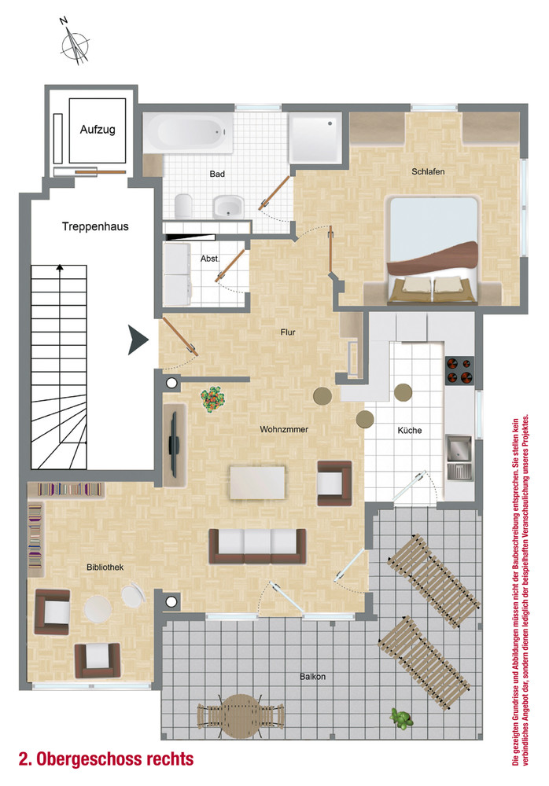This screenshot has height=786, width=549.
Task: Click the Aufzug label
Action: click(x=98, y=130)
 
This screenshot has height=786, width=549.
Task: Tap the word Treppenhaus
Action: click(x=95, y=226)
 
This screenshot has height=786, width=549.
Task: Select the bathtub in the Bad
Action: click(x=188, y=133)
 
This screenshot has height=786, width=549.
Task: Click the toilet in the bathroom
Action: click(x=184, y=206)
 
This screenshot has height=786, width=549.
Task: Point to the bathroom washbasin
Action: click(x=228, y=207)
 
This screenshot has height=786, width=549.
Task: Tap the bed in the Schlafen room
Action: click(x=433, y=251)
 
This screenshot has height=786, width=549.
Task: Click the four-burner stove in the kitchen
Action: click(x=459, y=370)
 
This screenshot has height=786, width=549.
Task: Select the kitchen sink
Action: click(x=459, y=457)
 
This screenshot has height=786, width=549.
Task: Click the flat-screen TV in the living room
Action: click(x=174, y=444)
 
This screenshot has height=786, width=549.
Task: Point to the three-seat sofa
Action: click(x=257, y=546)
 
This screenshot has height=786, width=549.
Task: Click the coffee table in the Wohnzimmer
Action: click(x=257, y=483)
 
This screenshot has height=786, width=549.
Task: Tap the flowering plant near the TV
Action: click(x=213, y=399)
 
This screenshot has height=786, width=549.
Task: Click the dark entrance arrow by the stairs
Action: click(x=138, y=340)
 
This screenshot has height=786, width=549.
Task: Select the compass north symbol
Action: click(x=75, y=42)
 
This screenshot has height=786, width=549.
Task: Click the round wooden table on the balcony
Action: click(x=241, y=716)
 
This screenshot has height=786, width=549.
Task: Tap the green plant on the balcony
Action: click(x=401, y=718)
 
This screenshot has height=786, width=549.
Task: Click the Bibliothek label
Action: click(x=105, y=567)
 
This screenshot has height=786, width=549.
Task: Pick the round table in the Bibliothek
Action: click(x=98, y=609)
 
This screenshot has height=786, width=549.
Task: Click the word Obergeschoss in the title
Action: click(x=114, y=759)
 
